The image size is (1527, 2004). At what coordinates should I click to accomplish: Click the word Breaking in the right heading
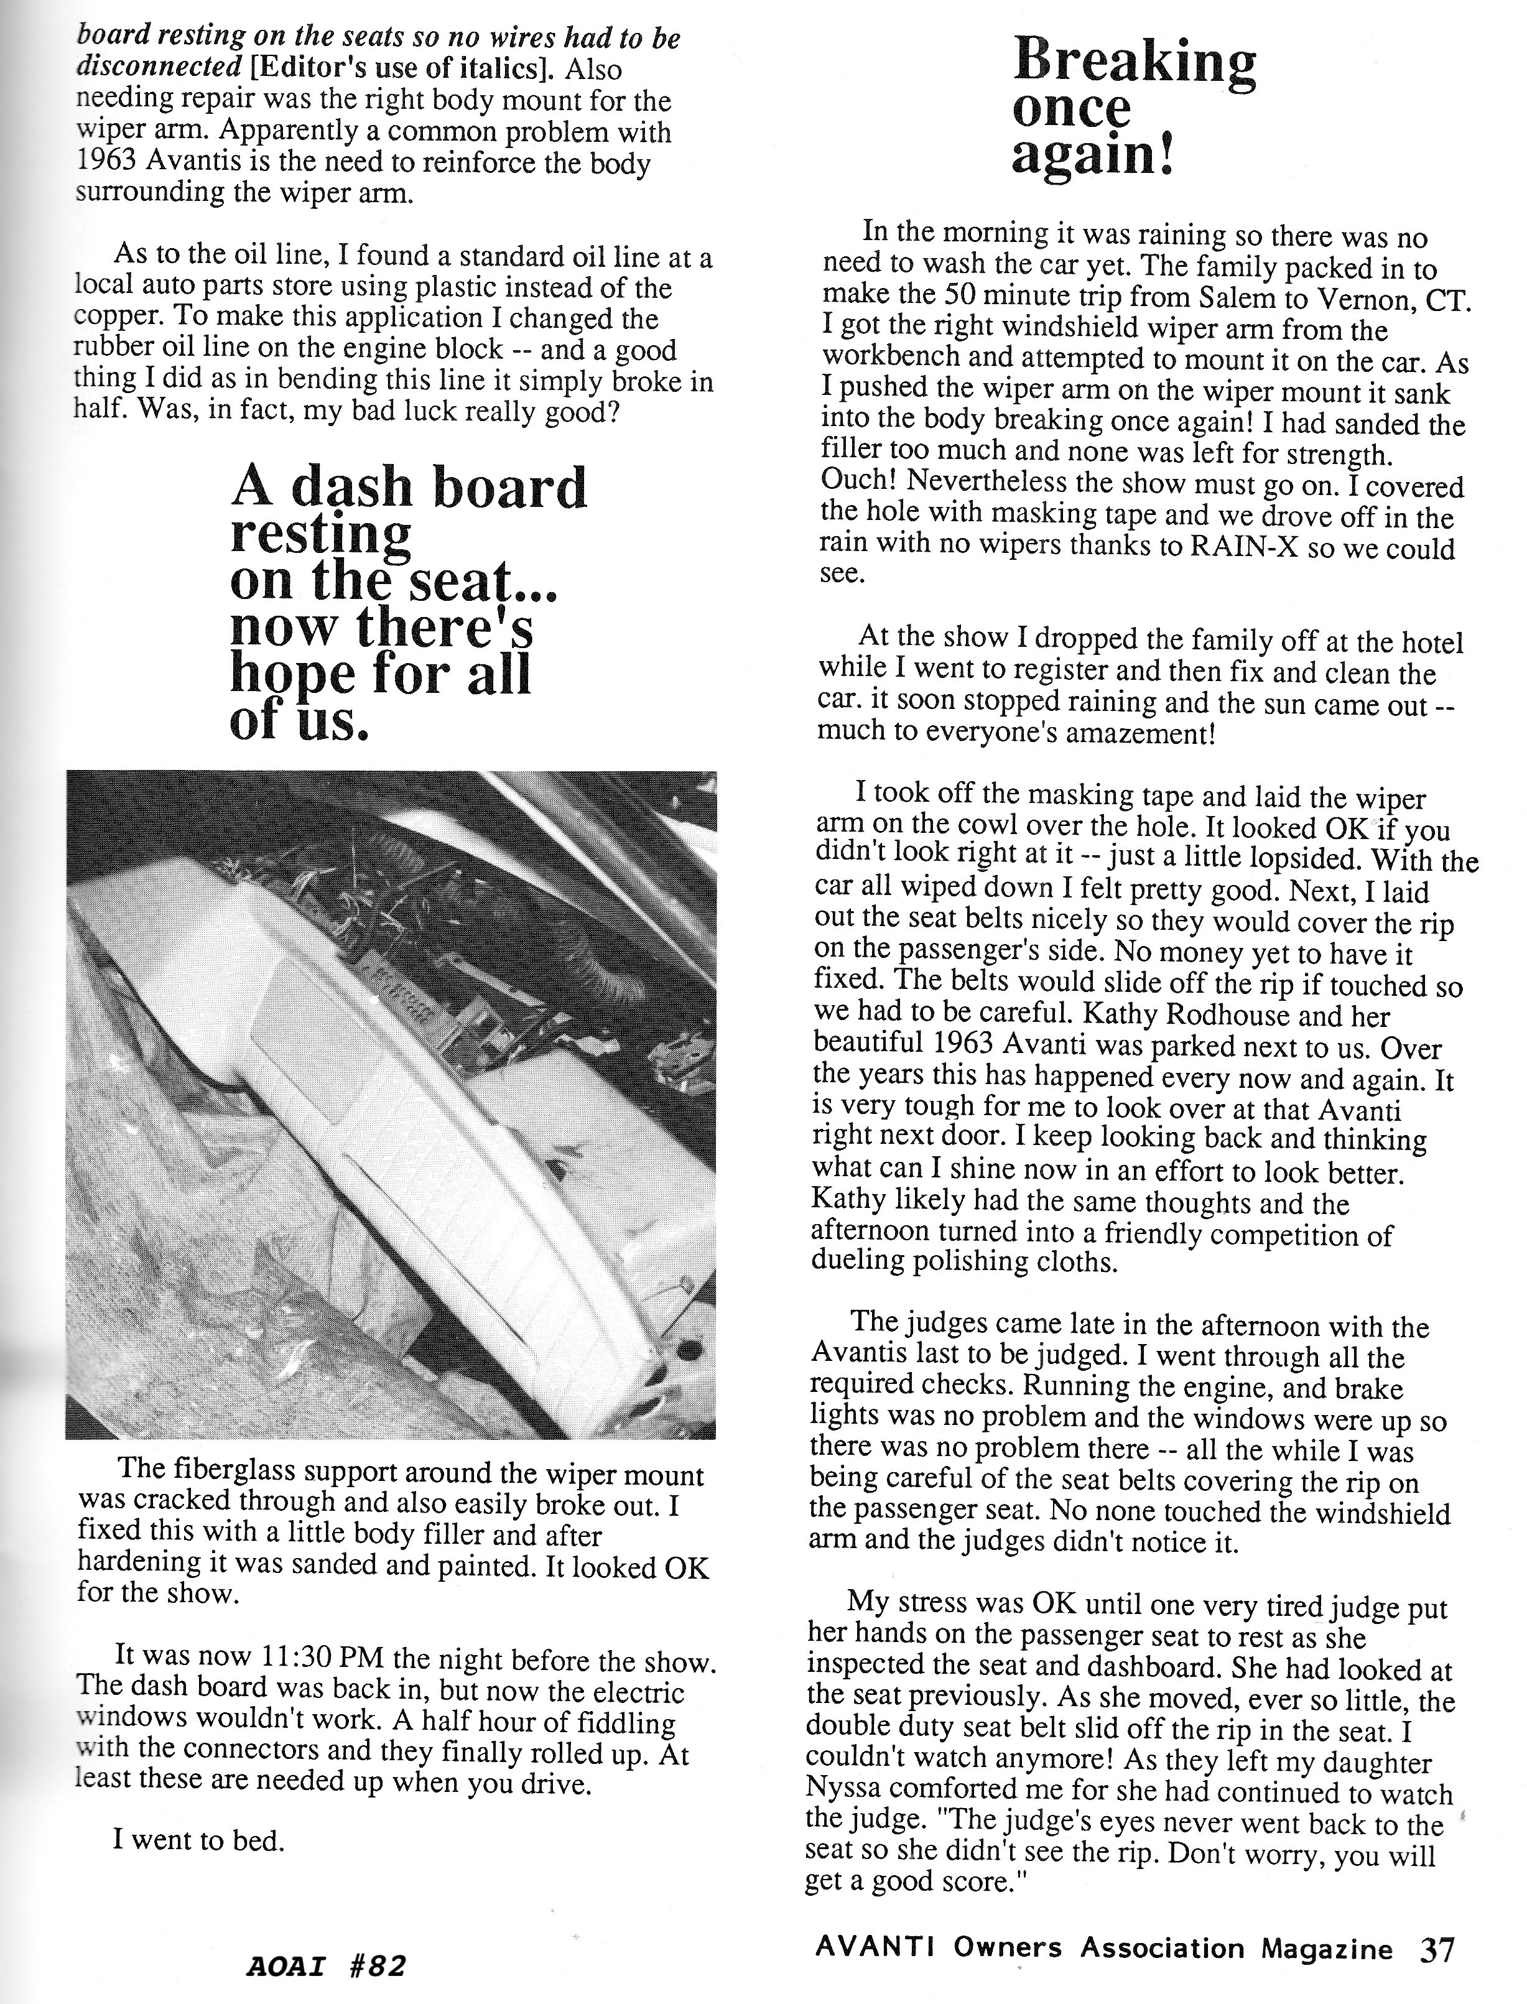tap(1135, 62)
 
